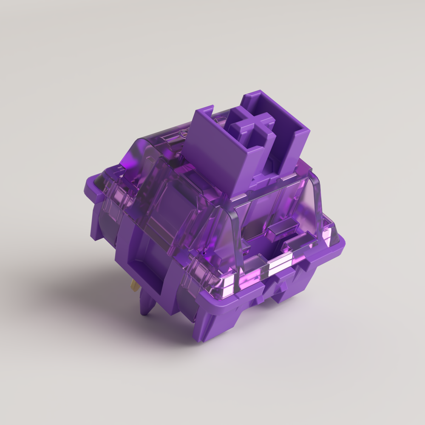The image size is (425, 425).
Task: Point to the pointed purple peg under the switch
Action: pyautogui.click(x=147, y=304)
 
